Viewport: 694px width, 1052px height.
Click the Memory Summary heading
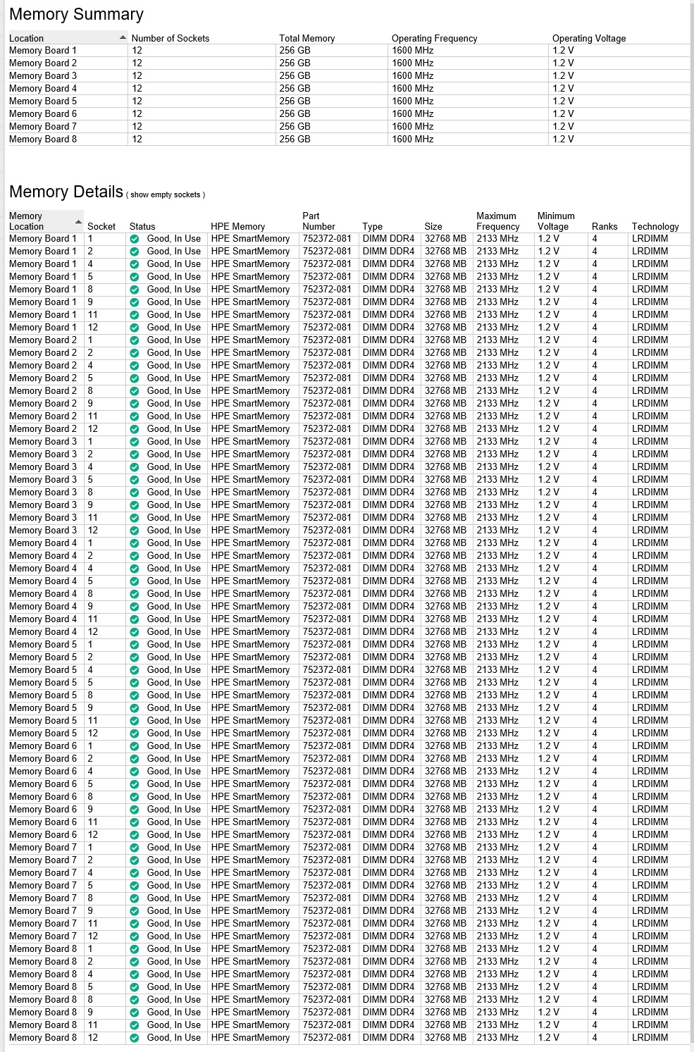[x=76, y=14]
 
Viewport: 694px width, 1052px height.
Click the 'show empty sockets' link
[x=166, y=194]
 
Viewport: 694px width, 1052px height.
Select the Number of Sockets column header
[x=170, y=38]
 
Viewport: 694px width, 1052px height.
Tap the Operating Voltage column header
[x=588, y=38]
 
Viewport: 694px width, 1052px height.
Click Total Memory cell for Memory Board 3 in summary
[x=295, y=75]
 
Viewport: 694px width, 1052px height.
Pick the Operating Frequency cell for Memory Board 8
[x=412, y=139]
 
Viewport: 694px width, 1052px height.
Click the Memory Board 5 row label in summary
[x=43, y=101]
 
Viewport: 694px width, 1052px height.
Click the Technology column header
[x=655, y=226]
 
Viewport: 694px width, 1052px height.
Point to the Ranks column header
[x=604, y=226]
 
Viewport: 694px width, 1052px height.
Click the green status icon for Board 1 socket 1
[x=135, y=239]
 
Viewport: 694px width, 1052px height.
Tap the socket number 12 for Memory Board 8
[x=93, y=1037]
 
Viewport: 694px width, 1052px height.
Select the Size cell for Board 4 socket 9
[x=445, y=606]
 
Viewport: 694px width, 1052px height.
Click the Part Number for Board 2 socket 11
[x=326, y=416]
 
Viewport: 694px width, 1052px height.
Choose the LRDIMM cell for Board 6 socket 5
[x=650, y=784]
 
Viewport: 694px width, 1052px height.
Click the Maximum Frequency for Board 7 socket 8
[x=497, y=898]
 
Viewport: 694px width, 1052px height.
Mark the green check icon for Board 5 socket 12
[x=135, y=733]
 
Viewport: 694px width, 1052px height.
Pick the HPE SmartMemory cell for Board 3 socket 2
[x=250, y=454]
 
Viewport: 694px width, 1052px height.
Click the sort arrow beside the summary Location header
[x=123, y=37]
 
